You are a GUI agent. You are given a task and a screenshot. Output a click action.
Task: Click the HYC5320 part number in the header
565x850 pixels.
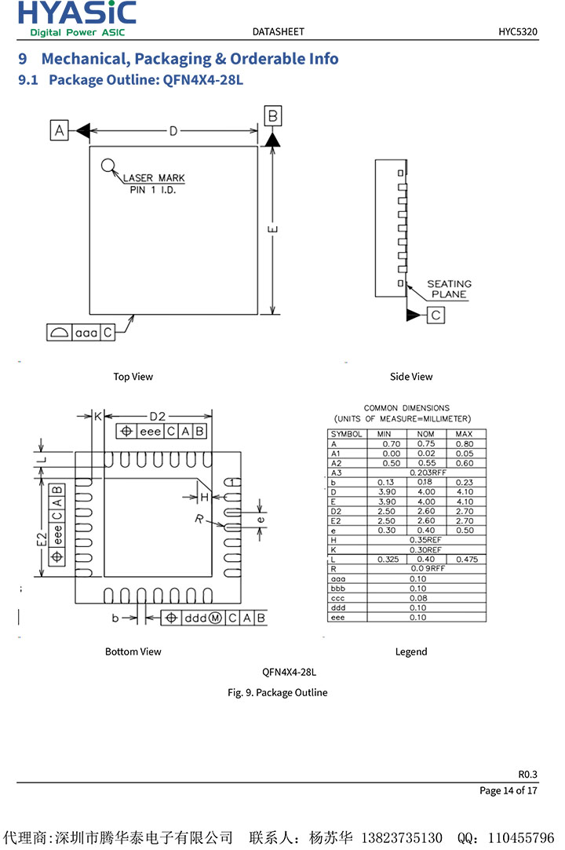tap(517, 32)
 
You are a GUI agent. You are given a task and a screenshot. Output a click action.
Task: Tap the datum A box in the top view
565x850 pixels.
tap(60, 130)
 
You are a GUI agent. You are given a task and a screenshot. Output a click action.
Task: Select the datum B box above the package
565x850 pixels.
tap(272, 117)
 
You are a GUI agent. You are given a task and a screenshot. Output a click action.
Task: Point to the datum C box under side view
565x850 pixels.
tap(436, 315)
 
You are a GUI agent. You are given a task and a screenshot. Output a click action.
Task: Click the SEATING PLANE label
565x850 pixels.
tap(449, 289)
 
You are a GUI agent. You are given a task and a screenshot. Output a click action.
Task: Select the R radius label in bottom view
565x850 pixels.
tap(199, 519)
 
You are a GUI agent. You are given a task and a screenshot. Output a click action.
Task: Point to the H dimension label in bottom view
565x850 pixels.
tap(203, 497)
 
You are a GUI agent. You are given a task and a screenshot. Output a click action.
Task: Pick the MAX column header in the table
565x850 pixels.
tap(465, 434)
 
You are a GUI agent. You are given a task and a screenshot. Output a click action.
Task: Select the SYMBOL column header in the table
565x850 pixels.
tap(346, 434)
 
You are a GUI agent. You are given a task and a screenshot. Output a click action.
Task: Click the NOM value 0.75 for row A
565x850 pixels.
tap(425, 444)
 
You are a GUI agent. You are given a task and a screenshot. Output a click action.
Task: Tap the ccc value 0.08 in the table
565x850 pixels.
tap(417, 598)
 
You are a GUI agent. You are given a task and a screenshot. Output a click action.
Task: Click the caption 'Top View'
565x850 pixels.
tap(133, 377)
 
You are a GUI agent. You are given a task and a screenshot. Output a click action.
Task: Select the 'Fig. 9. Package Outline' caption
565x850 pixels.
tap(277, 692)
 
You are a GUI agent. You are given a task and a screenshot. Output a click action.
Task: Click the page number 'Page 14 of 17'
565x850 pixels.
tap(508, 790)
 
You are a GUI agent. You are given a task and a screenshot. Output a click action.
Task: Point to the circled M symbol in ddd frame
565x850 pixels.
tap(214, 618)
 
